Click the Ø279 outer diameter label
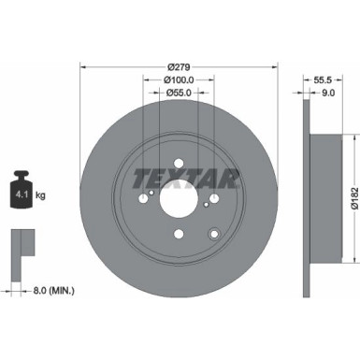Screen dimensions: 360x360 click(179, 67)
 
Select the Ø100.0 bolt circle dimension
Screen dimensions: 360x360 click(179, 81)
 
